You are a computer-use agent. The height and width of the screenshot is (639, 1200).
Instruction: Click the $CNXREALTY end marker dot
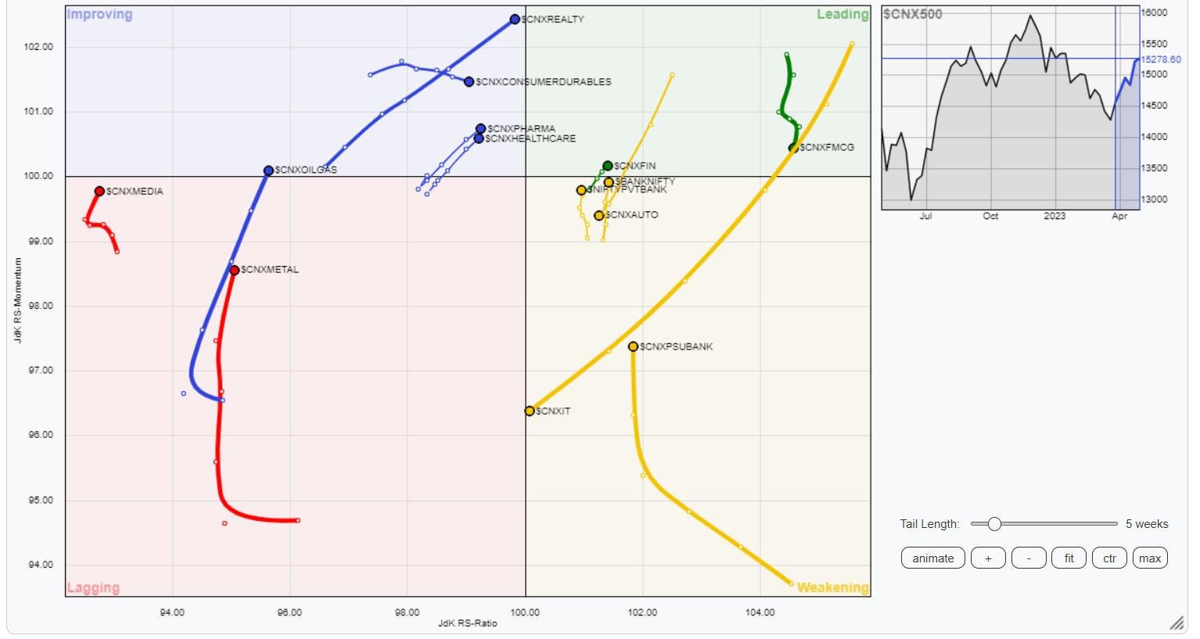[x=515, y=20]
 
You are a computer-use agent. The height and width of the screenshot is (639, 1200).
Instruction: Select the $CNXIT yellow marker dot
[x=530, y=411]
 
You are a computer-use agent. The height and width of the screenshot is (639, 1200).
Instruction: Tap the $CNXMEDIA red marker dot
[x=99, y=192]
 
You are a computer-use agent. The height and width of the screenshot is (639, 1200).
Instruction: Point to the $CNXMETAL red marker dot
[x=235, y=270]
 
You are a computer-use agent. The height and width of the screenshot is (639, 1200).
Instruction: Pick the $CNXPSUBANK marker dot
[x=634, y=346]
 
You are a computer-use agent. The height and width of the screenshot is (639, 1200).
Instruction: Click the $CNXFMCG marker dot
[x=794, y=148]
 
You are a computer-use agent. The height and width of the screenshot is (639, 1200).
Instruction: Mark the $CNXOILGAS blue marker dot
[x=268, y=171]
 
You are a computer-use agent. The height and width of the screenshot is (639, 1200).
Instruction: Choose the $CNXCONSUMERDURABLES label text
[x=544, y=82]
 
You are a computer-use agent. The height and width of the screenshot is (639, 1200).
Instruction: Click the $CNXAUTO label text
[x=632, y=215]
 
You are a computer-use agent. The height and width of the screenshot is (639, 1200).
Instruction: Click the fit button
[x=1069, y=558]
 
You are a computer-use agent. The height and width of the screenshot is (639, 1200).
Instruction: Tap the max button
[x=1150, y=558]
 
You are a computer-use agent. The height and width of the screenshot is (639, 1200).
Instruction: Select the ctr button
[x=1109, y=558]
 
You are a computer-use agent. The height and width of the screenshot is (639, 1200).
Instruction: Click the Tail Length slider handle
[x=994, y=524]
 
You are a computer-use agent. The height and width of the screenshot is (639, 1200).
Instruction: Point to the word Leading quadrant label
[x=843, y=15]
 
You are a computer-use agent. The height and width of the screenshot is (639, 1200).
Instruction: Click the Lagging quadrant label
[x=93, y=587]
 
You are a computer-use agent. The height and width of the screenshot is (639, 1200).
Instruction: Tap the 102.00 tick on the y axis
[x=39, y=47]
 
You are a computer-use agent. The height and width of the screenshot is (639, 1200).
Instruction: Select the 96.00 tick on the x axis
[x=289, y=612]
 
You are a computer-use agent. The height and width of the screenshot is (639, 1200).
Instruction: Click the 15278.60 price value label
[x=1161, y=59]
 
